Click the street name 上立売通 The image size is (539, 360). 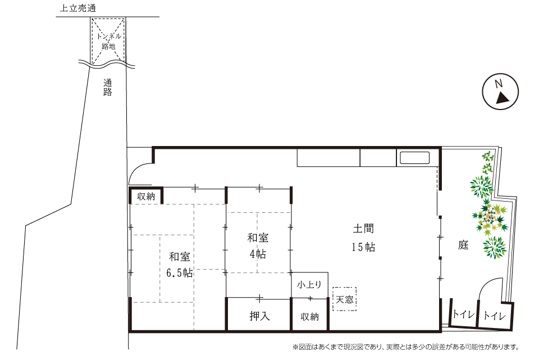[x=77, y=8]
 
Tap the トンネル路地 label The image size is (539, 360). [x=108, y=41]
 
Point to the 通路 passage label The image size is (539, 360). [x=108, y=88]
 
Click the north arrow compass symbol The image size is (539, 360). [x=500, y=92]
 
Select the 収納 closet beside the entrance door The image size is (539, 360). [x=146, y=196]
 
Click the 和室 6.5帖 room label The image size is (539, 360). [x=180, y=265]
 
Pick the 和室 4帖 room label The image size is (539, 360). [x=258, y=246]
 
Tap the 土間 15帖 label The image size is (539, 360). [x=363, y=238]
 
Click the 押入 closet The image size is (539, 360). [x=259, y=315]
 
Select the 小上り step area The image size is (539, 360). [x=309, y=285]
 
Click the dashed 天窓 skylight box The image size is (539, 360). [x=344, y=299]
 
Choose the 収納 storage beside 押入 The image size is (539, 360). [x=310, y=316]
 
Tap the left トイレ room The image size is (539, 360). [x=463, y=313]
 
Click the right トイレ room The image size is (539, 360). [x=495, y=316]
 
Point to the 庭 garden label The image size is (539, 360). [x=463, y=245]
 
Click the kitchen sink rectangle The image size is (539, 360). [x=414, y=158]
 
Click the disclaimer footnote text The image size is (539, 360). [x=405, y=347]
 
